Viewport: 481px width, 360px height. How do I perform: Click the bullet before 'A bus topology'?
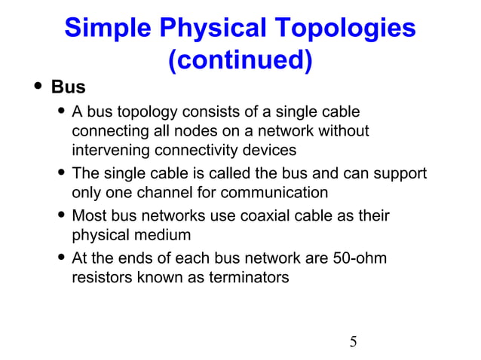(60, 113)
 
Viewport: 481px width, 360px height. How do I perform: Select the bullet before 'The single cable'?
(60, 175)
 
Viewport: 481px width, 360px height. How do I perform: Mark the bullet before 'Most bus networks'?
(60, 217)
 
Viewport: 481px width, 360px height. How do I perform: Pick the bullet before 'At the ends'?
(60, 259)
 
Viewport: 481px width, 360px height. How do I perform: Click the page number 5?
(353, 342)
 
